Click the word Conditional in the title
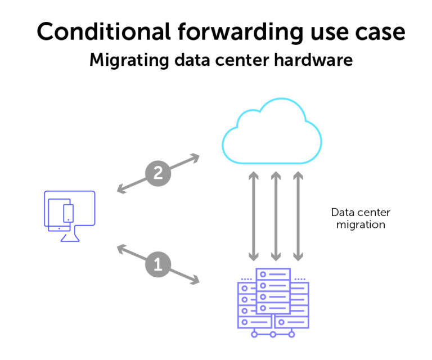(x=99, y=32)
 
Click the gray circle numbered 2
(x=158, y=173)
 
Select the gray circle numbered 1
(x=158, y=264)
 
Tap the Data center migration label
(x=361, y=219)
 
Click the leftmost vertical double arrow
(x=254, y=216)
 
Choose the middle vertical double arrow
(x=276, y=216)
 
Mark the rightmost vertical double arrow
(x=298, y=216)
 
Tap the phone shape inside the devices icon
(x=68, y=213)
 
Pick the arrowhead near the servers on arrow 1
(x=195, y=279)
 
